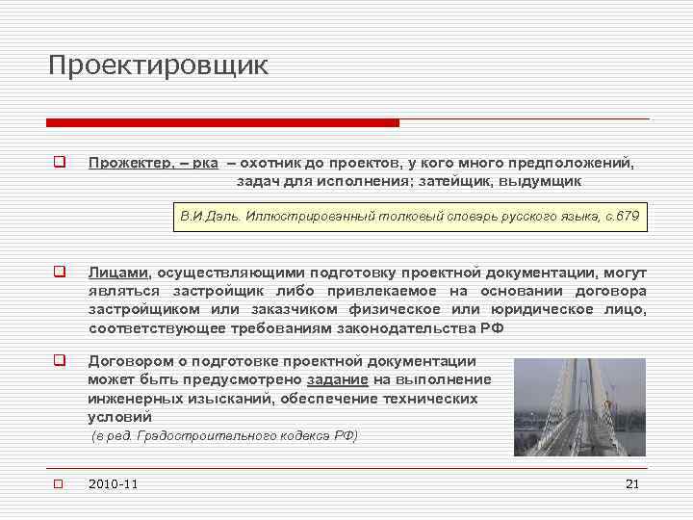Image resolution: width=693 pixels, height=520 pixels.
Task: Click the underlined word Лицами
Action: coord(118,273)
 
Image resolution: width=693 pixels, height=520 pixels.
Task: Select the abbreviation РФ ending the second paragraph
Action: coord(492,328)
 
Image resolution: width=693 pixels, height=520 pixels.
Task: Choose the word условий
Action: coord(119,417)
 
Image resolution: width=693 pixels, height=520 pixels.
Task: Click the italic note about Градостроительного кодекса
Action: coord(224,436)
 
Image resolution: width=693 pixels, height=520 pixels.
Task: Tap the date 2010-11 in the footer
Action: coord(113,483)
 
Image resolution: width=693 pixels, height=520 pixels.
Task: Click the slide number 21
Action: coord(632,483)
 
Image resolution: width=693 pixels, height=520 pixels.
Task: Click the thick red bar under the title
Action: coord(222,123)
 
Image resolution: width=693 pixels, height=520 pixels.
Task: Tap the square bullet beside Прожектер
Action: coord(58,163)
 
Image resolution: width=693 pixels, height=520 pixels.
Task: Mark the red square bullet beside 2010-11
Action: coord(58,483)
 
